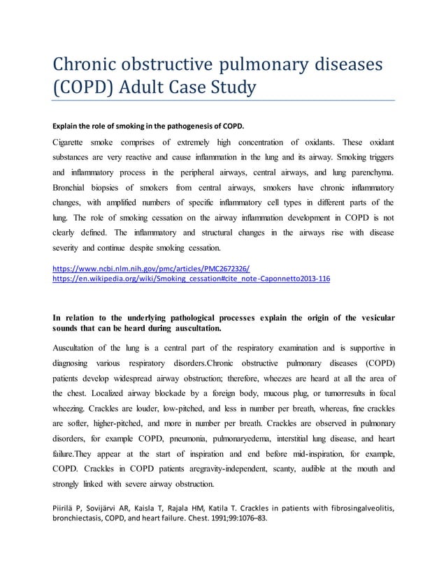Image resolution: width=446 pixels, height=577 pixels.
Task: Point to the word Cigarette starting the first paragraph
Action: (73, 143)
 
